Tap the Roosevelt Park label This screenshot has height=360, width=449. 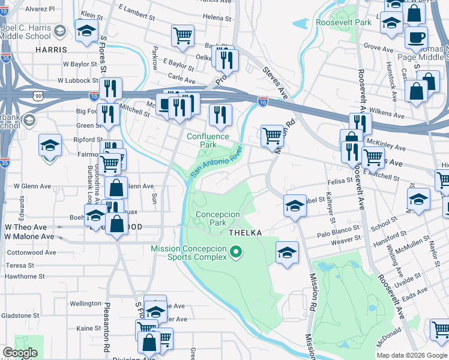[344, 22]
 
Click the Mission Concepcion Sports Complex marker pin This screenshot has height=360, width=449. [236, 253]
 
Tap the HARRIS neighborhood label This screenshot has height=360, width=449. [51, 51]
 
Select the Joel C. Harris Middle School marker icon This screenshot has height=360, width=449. [60, 31]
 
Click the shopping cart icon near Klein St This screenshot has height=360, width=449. [182, 35]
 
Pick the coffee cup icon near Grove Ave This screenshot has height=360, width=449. [415, 37]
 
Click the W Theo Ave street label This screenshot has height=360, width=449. [25, 227]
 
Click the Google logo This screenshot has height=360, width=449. [20, 353]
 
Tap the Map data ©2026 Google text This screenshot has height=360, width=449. [412, 355]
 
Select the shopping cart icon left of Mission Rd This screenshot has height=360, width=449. [272, 135]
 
